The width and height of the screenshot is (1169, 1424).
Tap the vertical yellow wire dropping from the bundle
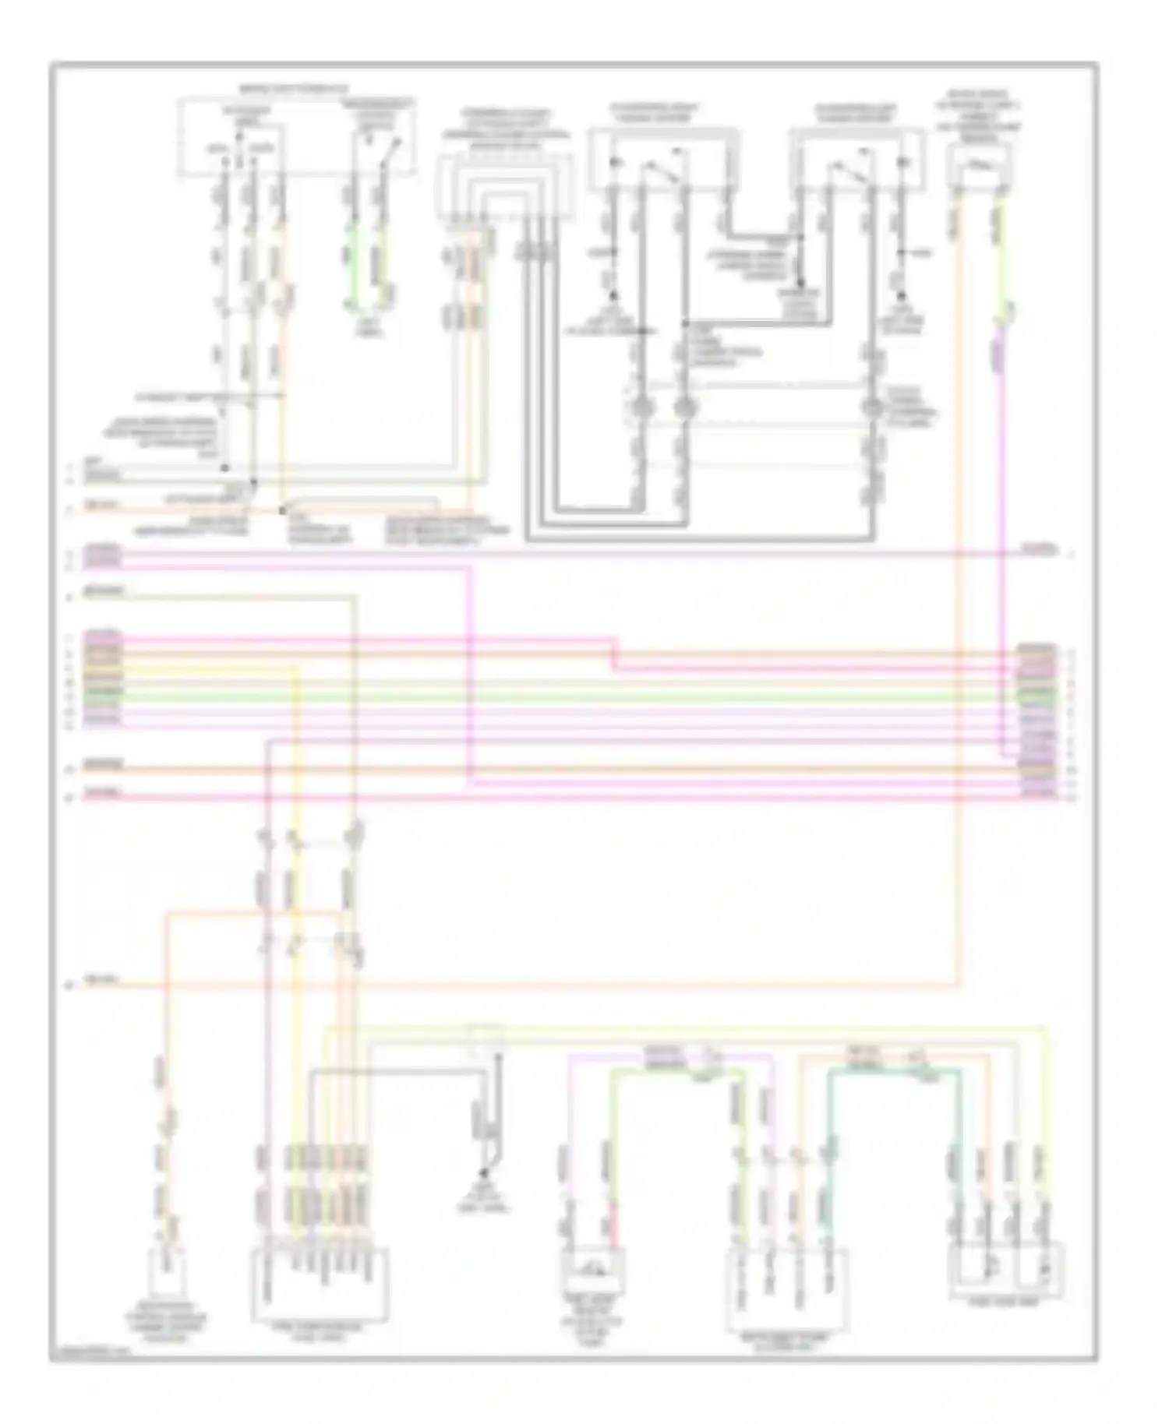click(296, 779)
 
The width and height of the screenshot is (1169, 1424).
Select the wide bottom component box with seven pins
click(320, 1285)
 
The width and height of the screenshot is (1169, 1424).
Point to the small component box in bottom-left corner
click(166, 1270)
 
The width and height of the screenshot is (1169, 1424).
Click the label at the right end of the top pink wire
click(1041, 550)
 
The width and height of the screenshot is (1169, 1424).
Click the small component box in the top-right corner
click(980, 166)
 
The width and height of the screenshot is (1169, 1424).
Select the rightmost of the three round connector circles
click(871, 407)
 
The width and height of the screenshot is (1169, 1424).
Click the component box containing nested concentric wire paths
click(505, 185)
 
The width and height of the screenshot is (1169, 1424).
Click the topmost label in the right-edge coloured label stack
click(1037, 647)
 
